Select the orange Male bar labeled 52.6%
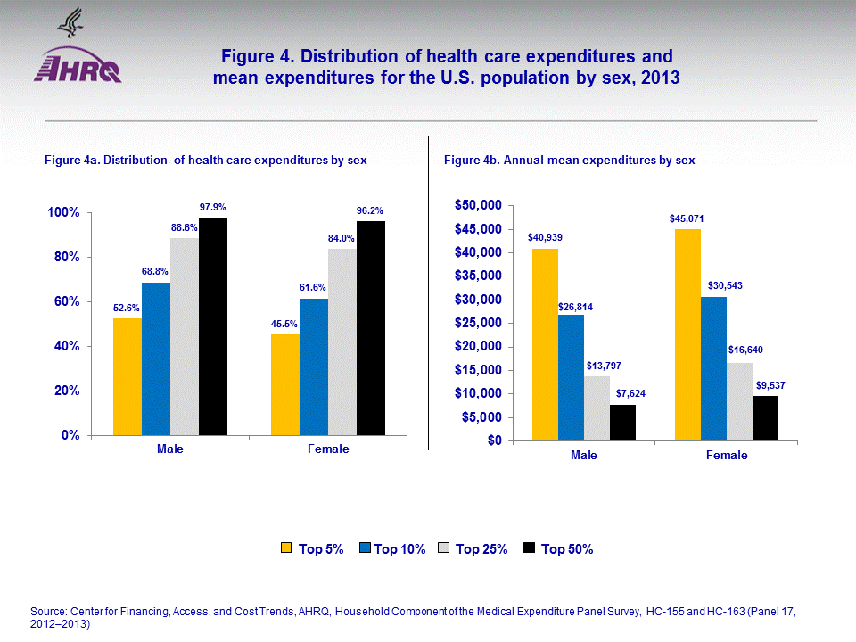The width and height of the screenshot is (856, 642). (x=127, y=376)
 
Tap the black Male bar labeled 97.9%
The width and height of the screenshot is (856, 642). (x=213, y=326)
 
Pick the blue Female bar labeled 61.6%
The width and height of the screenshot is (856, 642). (x=314, y=366)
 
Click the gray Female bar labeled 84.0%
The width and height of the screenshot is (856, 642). (x=342, y=342)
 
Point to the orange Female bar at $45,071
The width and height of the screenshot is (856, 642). (x=687, y=334)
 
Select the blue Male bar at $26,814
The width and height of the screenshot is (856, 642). (x=571, y=377)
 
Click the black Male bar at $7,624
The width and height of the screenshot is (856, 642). (x=622, y=423)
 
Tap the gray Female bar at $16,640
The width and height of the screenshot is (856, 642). (x=739, y=401)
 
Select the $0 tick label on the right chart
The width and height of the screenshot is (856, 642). (x=490, y=440)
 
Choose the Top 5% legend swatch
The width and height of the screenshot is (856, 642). (x=287, y=548)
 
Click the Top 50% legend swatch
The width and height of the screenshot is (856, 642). (x=530, y=548)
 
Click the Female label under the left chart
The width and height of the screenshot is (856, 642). (x=328, y=449)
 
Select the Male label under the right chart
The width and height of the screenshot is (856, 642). (x=584, y=455)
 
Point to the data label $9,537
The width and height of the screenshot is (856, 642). (x=765, y=386)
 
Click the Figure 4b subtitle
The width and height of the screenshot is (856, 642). (x=569, y=160)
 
